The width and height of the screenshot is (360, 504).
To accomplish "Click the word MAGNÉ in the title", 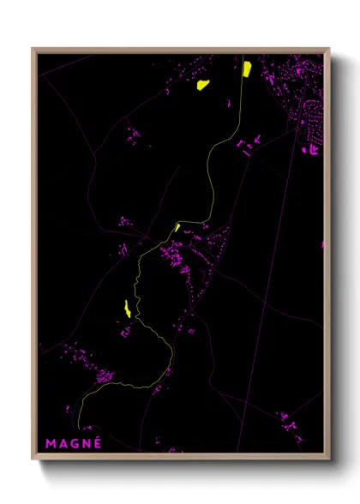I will click(74, 443).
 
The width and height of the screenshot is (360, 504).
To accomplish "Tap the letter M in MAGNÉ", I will click(51, 443).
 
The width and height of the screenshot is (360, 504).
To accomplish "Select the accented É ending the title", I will click(97, 442).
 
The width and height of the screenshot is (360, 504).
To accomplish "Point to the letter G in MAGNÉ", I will click(74, 443).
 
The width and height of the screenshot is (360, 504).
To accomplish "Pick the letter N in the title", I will click(86, 443).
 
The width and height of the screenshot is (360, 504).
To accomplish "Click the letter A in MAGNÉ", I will click(62, 443).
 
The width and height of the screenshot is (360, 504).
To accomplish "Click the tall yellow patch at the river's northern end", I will click(246, 69).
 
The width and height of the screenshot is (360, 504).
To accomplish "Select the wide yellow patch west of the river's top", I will click(204, 84).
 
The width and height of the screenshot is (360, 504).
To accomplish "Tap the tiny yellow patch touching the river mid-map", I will click(177, 227).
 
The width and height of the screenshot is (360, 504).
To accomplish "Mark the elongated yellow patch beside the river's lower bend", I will click(127, 309).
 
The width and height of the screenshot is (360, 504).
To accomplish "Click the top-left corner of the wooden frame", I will click(33, 49).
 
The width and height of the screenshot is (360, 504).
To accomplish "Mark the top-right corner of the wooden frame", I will click(328, 49).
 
